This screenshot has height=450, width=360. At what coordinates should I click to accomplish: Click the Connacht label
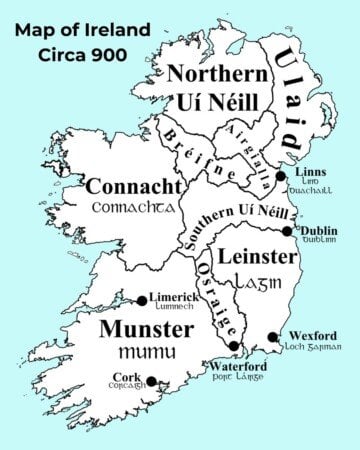(x=132, y=186)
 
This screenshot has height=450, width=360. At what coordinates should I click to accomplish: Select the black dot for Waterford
(x=234, y=346)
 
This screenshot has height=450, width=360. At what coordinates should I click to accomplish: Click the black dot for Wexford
(x=273, y=337)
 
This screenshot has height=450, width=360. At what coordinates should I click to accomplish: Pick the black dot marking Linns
(x=282, y=174)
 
